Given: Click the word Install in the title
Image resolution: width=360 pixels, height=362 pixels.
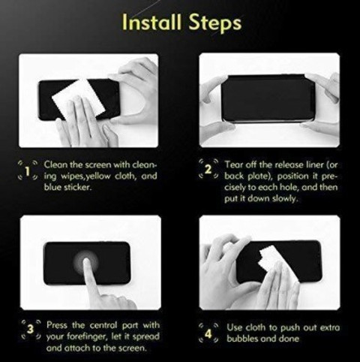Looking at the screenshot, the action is pos(151,22).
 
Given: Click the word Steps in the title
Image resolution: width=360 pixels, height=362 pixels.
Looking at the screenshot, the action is pos(215,23).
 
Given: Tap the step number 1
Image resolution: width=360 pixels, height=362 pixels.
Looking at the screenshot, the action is pos(28,171).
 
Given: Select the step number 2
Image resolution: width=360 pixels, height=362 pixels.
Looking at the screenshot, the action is pos(208,170).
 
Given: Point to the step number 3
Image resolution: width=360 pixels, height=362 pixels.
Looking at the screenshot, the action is pos(30,329).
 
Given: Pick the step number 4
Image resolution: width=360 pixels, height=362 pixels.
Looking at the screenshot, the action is pos(208,334).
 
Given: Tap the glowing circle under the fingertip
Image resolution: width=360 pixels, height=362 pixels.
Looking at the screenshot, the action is pos(86,261).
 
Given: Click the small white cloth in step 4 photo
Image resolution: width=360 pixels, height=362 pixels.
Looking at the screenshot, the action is pos(269,257).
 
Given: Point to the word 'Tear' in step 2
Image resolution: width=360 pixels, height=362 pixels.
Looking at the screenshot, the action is pos(234,164).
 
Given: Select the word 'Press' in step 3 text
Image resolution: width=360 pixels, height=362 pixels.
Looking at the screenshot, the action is pos(57,325).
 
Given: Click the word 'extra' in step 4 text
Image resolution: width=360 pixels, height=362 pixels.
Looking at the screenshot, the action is pos(330,327).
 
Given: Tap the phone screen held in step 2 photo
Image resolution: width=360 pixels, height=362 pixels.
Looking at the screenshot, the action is pos(268,98).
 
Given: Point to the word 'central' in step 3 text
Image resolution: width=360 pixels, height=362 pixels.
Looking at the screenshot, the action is pos(103,325).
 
